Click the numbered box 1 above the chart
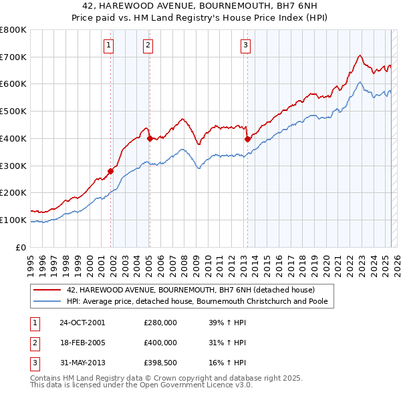(x=108, y=45)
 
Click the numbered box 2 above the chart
(x=147, y=45)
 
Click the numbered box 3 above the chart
(x=245, y=45)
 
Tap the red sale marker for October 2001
(x=111, y=171)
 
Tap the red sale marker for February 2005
(x=150, y=138)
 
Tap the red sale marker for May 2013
(x=247, y=139)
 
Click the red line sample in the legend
(x=47, y=290)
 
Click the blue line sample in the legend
(x=47, y=301)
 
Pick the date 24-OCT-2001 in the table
(x=82, y=323)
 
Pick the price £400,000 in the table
(x=160, y=343)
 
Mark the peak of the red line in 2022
(x=360, y=55)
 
